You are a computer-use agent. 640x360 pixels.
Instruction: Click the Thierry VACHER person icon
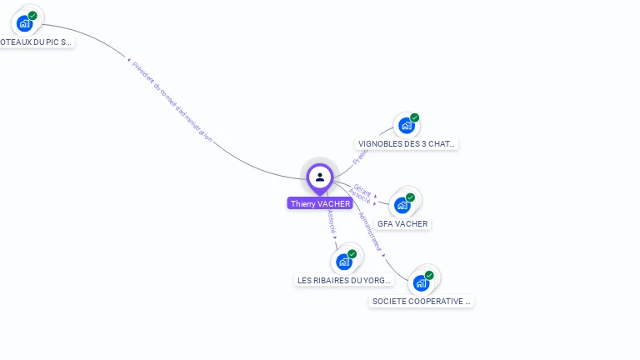(x=320, y=177)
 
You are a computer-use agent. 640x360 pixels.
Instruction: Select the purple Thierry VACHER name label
(x=320, y=203)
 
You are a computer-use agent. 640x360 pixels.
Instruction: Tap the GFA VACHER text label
(x=402, y=223)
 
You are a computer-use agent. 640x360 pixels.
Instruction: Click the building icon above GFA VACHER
(x=402, y=204)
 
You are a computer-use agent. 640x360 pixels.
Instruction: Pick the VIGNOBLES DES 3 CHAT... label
(x=407, y=143)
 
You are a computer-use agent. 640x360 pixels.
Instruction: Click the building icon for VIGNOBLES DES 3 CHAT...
(x=406, y=125)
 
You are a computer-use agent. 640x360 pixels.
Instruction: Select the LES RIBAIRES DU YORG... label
(x=344, y=280)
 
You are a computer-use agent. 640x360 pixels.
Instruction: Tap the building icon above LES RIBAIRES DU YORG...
(x=344, y=262)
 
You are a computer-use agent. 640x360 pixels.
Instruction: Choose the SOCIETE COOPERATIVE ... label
(x=422, y=301)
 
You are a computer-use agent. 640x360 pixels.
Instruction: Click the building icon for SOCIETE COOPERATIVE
(x=421, y=282)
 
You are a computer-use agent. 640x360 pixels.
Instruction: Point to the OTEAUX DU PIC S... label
(x=36, y=41)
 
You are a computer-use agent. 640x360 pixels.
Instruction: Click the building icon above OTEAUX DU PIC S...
(x=24, y=22)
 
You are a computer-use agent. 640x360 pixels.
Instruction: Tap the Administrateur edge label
(x=370, y=231)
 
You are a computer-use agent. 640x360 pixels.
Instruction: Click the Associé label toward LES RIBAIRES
(x=332, y=221)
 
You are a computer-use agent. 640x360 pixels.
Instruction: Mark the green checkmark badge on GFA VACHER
(x=410, y=197)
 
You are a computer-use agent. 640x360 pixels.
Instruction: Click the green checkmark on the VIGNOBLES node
(x=414, y=117)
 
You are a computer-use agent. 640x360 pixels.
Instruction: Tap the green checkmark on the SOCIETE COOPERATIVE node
(x=429, y=275)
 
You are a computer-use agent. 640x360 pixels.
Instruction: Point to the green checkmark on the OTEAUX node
(x=32, y=15)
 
